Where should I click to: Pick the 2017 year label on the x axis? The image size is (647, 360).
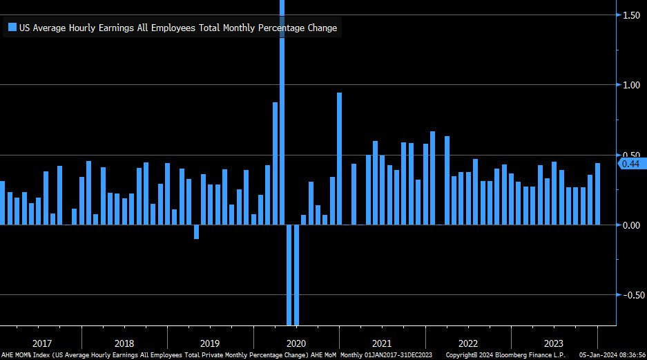[x=42, y=343]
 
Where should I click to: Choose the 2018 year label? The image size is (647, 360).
[x=124, y=343]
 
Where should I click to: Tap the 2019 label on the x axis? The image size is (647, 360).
[x=210, y=343]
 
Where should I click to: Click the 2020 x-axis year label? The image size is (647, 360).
[x=296, y=343]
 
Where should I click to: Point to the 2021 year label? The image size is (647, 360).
[x=382, y=343]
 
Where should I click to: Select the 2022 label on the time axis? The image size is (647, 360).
[x=467, y=343]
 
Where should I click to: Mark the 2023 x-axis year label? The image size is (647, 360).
[x=554, y=343]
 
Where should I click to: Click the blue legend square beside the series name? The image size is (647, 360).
[x=12, y=28]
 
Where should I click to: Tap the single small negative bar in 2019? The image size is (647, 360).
[x=196, y=232]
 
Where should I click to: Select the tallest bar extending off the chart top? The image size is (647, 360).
[x=282, y=104]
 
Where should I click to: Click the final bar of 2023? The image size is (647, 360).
[x=597, y=194]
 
